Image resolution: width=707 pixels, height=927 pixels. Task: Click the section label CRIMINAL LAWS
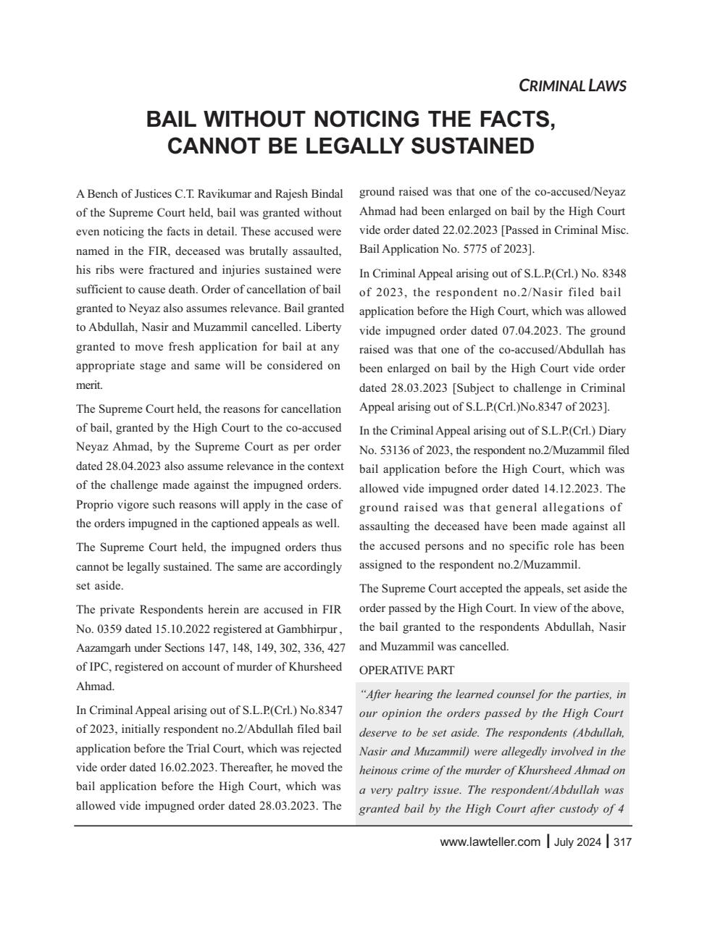(x=572, y=85)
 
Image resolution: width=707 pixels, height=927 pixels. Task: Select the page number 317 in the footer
(x=622, y=842)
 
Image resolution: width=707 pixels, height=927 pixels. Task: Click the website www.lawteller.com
(x=490, y=842)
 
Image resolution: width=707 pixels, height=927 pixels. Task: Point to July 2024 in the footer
(x=577, y=842)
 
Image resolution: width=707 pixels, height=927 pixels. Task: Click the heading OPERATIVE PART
(x=406, y=670)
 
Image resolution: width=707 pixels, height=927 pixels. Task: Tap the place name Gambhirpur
(x=306, y=628)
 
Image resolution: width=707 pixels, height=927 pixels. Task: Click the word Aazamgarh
(x=101, y=647)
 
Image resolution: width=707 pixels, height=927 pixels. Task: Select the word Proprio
(x=94, y=504)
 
